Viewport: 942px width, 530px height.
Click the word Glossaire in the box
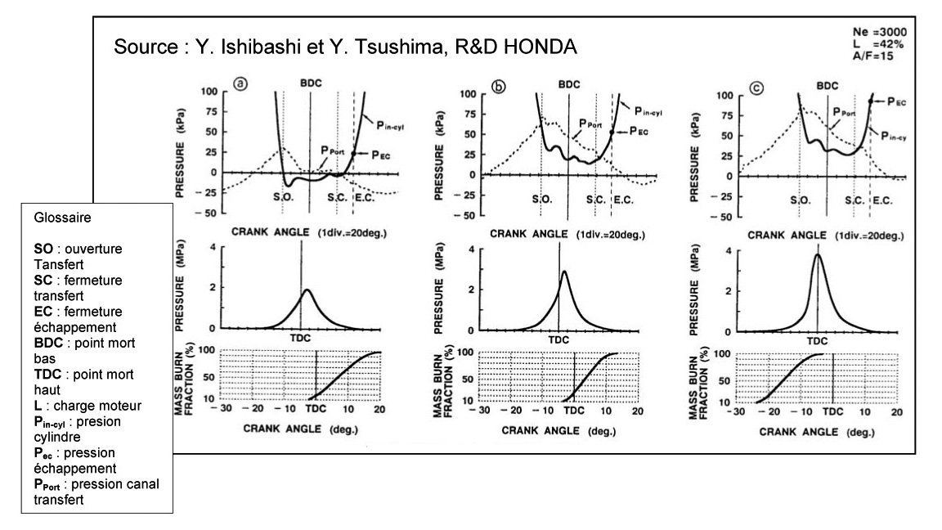(57, 218)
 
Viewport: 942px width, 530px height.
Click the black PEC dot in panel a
(353, 153)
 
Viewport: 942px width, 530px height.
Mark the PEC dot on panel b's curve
(612, 132)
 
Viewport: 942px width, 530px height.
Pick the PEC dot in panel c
(871, 101)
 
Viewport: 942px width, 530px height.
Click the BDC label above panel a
(309, 83)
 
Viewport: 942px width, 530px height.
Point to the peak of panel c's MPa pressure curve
(818, 254)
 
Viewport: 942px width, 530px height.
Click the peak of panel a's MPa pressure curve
(306, 290)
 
